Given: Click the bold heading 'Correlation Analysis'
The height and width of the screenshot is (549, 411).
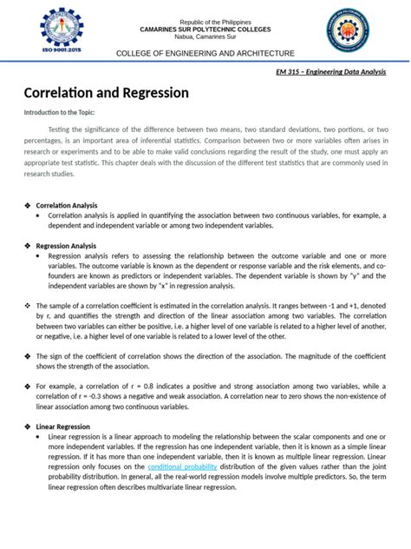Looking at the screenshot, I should click(66, 204).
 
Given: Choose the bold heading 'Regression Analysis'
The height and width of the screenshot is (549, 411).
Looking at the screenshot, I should click(65, 246).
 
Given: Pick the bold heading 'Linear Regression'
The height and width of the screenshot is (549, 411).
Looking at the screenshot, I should click(62, 427).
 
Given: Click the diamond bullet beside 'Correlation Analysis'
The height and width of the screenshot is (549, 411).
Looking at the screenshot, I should click(27, 204).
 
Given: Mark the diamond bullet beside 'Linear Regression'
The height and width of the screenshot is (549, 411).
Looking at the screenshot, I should click(27, 427).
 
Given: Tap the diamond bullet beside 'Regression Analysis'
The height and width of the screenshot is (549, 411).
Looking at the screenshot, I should click(27, 246).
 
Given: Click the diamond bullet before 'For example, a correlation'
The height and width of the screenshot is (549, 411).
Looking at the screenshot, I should click(27, 385).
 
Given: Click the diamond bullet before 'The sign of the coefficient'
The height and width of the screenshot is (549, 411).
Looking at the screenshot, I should click(27, 355).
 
